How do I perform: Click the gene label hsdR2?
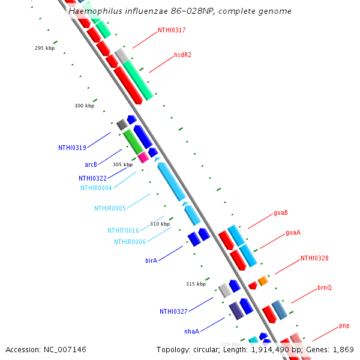point(182,55)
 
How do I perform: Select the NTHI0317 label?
point(172,30)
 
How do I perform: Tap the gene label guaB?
point(281,212)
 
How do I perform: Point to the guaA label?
point(293,232)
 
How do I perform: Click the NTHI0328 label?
point(314,258)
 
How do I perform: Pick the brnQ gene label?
point(325,288)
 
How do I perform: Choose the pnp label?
point(344,326)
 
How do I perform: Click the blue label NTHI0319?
point(72,148)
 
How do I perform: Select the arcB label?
point(91,164)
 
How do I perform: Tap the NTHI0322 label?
point(92,178)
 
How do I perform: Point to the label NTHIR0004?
point(96,188)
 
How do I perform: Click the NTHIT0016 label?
point(123,230)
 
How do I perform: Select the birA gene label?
point(151,261)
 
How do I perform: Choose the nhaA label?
point(191,331)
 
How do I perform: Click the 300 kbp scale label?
point(84,106)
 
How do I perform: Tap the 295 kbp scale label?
point(44,48)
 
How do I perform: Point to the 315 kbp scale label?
point(196,284)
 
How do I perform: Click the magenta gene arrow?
point(143,157)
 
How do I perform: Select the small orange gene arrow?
point(262,281)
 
